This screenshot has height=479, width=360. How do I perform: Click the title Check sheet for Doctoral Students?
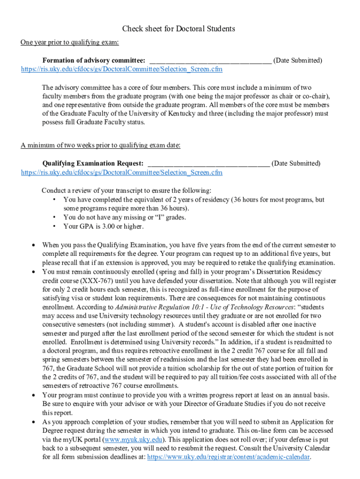179,29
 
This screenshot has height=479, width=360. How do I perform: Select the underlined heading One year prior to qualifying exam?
69,43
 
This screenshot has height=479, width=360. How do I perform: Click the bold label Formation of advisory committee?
94,60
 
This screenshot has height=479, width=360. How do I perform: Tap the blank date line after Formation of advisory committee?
210,60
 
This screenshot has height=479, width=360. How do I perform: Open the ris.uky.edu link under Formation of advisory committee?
122,69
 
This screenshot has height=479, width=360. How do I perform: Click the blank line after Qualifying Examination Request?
209,163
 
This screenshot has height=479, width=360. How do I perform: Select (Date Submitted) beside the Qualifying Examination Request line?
296,163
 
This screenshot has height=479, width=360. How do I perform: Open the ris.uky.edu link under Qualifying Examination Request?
122,172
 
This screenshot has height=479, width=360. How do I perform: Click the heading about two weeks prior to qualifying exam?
100,145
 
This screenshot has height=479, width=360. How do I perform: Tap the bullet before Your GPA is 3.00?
55,227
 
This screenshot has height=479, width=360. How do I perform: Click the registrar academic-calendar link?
229,457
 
